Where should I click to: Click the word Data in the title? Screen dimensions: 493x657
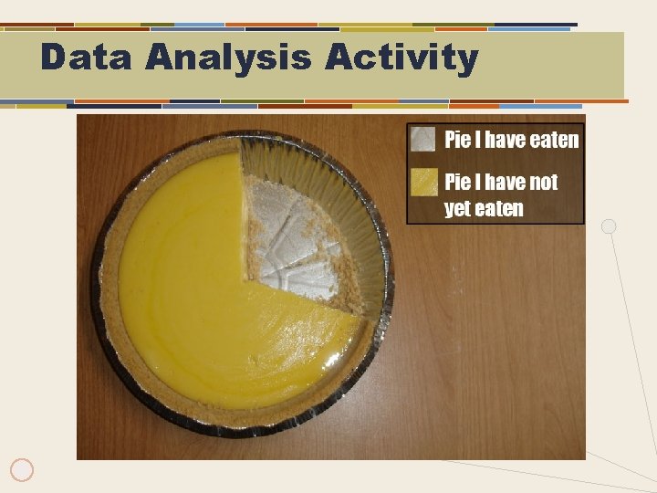click(x=87, y=58)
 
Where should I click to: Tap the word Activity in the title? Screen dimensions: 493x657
click(x=401, y=58)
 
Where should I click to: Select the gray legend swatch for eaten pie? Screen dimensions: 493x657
click(x=422, y=139)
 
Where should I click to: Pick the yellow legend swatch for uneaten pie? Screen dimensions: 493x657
click(x=422, y=182)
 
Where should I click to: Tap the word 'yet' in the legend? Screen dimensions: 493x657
click(x=456, y=209)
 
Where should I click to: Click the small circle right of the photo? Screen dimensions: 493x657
click(x=609, y=226)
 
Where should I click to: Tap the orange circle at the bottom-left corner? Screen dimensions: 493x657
click(x=23, y=470)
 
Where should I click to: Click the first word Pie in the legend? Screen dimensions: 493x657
click(x=457, y=140)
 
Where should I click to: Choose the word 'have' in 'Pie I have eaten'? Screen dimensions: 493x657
click(x=506, y=140)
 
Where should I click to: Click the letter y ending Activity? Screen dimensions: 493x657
click(x=467, y=60)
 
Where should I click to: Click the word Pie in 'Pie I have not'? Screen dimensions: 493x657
click(x=457, y=183)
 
